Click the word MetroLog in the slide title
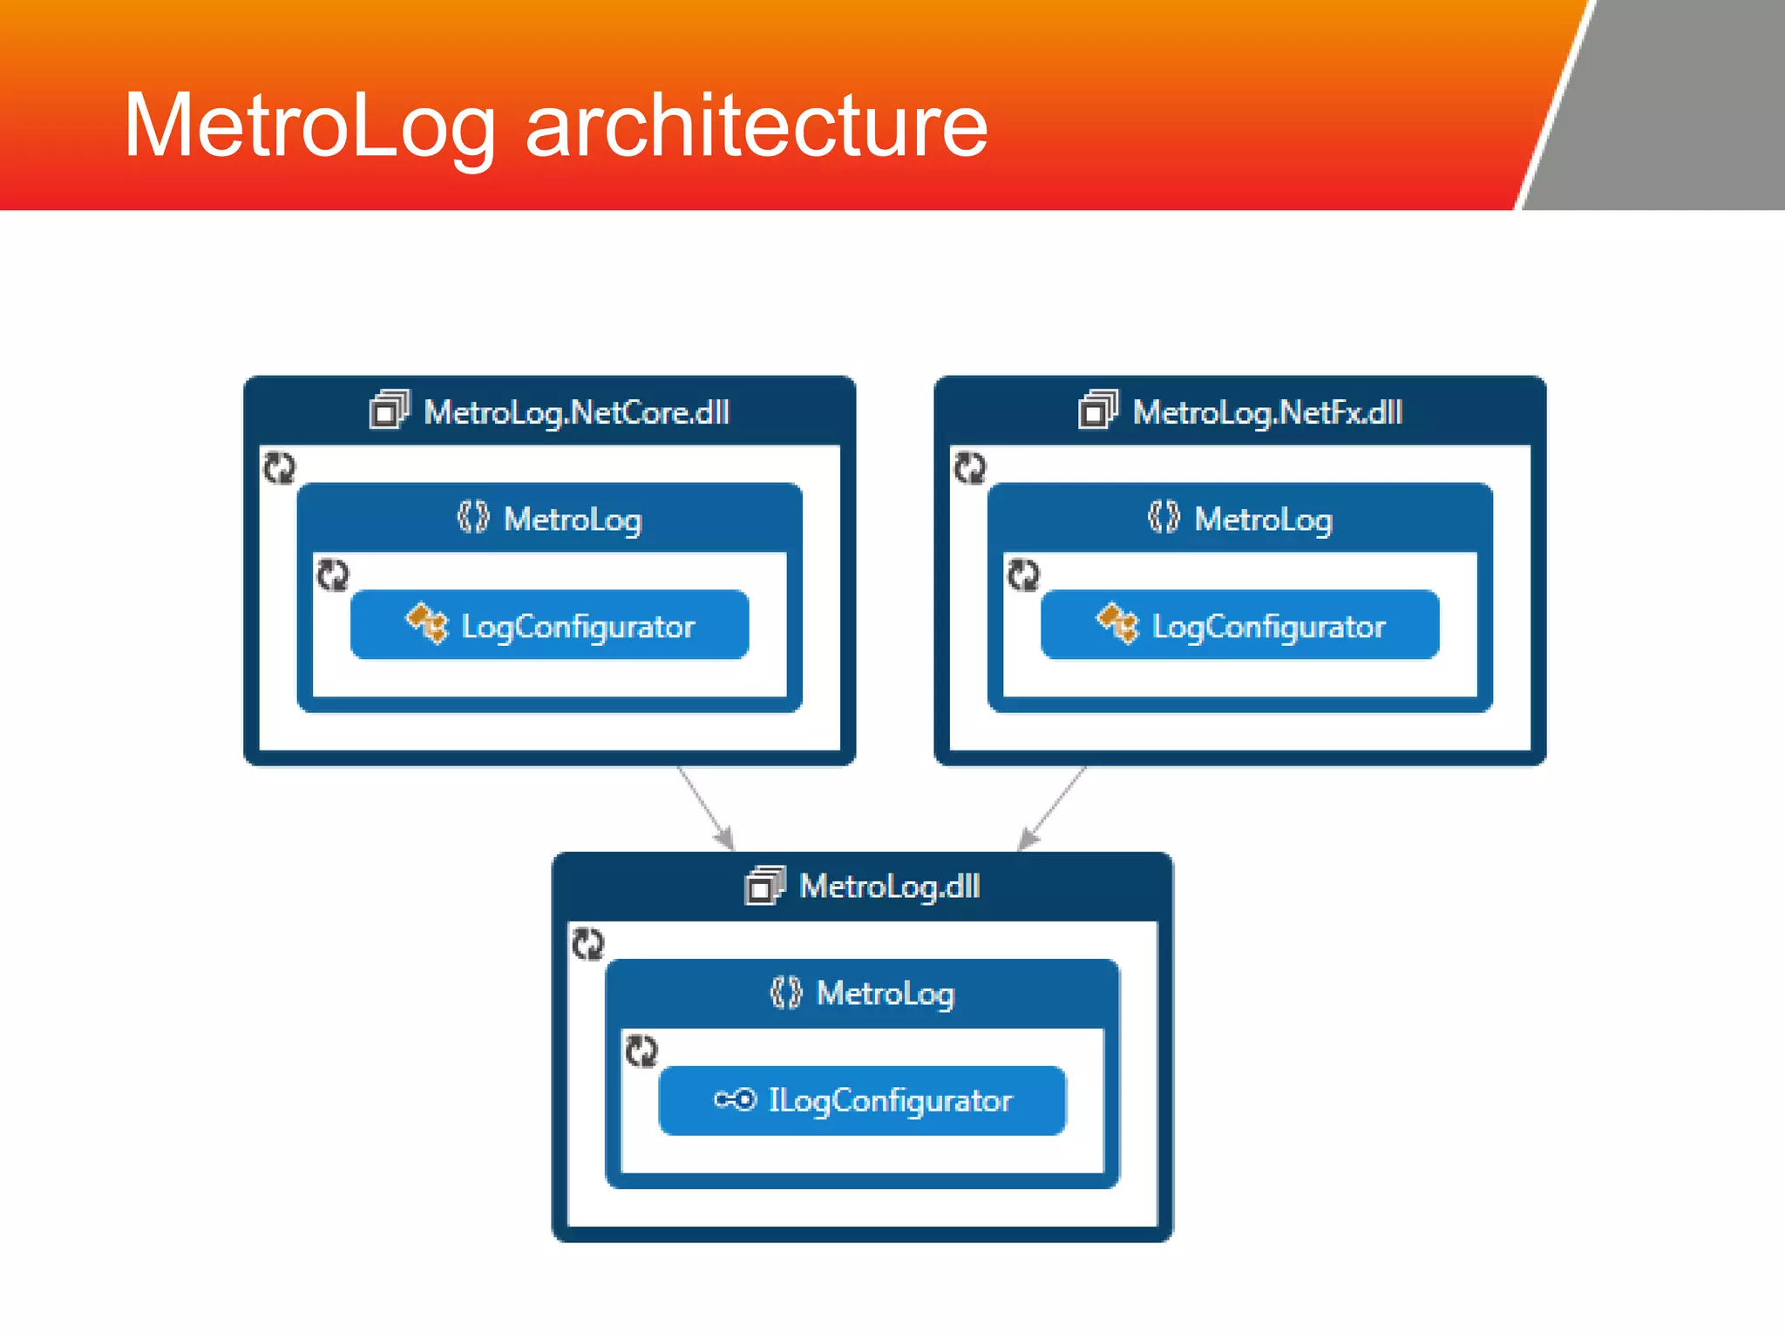point(309,126)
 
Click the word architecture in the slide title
point(757,126)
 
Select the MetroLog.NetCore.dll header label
point(576,412)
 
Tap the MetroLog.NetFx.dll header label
point(1267,412)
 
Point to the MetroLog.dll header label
point(890,887)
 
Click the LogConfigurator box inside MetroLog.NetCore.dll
point(549,625)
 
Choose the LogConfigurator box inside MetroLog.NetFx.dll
point(1239,625)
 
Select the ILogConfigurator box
point(862,1100)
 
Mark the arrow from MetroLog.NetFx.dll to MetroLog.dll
point(1053,807)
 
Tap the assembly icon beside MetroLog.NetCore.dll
point(389,410)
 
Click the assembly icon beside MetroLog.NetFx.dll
point(1097,410)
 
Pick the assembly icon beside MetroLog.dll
point(765,886)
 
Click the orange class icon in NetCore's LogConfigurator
point(427,623)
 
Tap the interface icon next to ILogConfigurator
point(735,1099)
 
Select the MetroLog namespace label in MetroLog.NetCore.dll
point(573,520)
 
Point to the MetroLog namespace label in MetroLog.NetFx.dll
point(1263,520)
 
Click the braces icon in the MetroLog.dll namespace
point(785,993)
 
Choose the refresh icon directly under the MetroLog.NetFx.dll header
point(969,467)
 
